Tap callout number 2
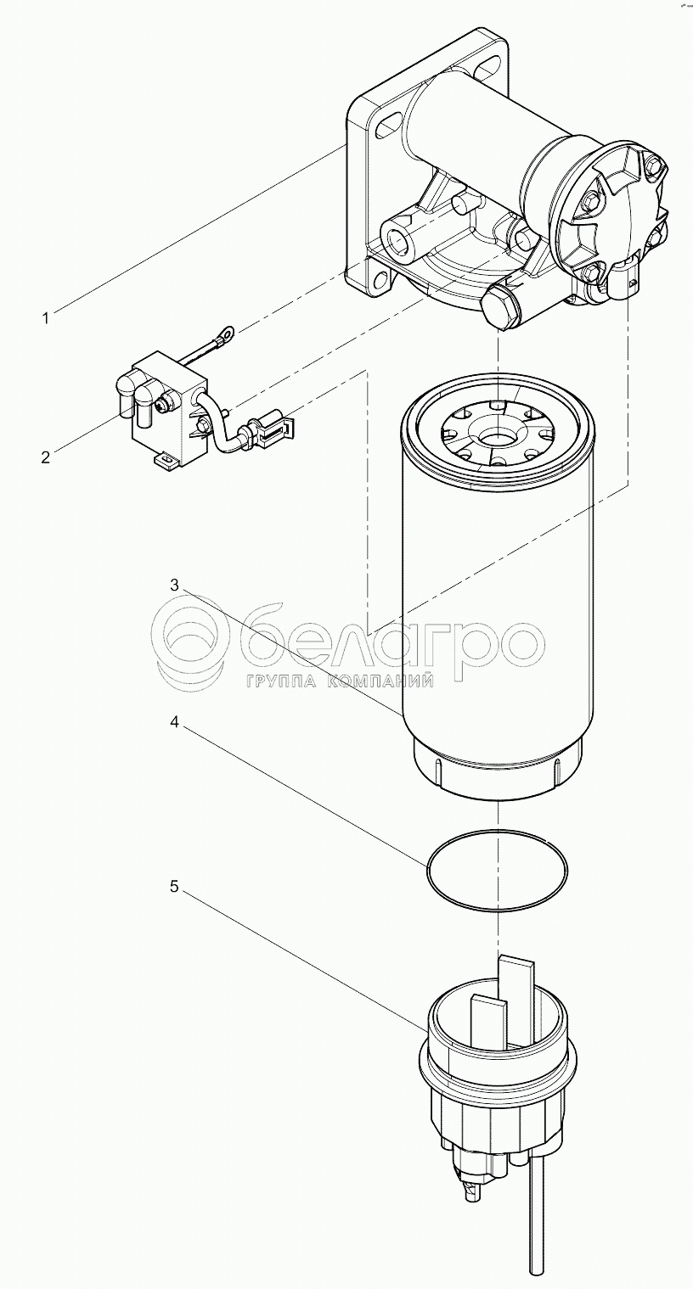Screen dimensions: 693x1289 point(46,457)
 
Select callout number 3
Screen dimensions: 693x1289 point(175,586)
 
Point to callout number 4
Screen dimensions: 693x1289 point(175,721)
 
